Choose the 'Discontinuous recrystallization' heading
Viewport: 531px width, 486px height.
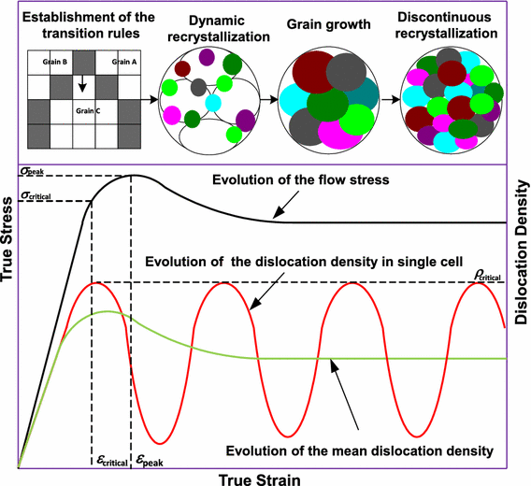[446, 26]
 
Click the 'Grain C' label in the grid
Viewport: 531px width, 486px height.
[88, 110]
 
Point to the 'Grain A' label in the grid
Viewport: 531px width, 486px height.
[124, 63]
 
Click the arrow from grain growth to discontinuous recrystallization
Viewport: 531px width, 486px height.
[390, 97]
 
